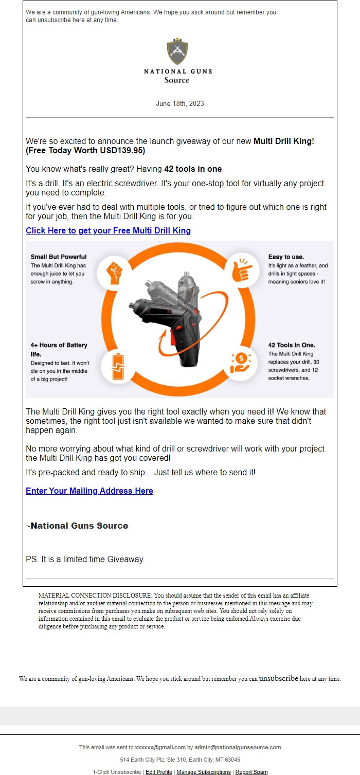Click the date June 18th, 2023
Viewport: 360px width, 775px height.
(x=180, y=103)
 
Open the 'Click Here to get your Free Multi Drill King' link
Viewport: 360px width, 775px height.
(x=108, y=230)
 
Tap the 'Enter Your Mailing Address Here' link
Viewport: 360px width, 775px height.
(x=89, y=491)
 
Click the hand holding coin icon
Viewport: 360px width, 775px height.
(x=240, y=363)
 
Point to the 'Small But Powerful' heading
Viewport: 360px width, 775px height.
(x=59, y=257)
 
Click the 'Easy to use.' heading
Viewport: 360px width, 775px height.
(x=286, y=257)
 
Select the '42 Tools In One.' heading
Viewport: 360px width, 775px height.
(x=292, y=345)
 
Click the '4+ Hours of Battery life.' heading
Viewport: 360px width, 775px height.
(x=59, y=350)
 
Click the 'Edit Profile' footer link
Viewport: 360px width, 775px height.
(x=159, y=772)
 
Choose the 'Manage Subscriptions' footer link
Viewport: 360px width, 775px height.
(x=204, y=772)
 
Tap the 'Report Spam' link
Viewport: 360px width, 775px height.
(x=251, y=772)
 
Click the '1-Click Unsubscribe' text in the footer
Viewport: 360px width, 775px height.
(x=117, y=772)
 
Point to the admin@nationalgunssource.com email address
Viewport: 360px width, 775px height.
(x=238, y=747)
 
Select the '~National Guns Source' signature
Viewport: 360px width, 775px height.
(x=77, y=526)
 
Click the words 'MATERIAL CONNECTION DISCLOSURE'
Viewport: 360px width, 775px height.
(x=95, y=596)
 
